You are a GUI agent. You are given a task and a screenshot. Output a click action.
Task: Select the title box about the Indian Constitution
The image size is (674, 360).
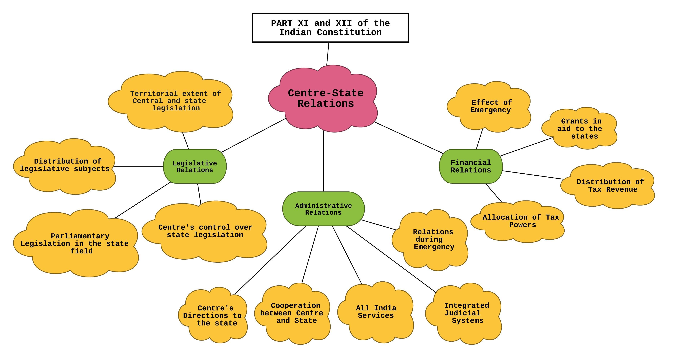[x=330, y=28]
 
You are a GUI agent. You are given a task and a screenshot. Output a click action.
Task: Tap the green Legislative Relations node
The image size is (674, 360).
[x=195, y=166]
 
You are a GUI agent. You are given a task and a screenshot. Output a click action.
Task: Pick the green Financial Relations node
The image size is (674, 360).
[x=471, y=166]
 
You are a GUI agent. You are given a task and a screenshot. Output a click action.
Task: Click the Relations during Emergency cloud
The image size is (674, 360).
[x=432, y=240]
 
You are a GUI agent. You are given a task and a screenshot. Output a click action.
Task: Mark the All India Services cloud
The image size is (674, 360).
[x=376, y=312]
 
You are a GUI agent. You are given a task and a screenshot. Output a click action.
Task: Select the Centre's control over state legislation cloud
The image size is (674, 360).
[x=205, y=231]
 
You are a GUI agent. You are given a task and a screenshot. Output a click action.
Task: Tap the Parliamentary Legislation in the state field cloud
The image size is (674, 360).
[x=76, y=243]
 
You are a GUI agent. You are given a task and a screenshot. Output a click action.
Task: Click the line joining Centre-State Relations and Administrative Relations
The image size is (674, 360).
[x=323, y=161]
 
